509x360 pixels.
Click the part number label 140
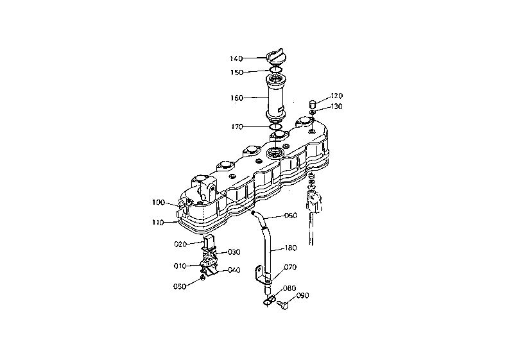[x=236, y=59]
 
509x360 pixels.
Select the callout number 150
[x=237, y=73]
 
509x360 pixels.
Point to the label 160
[x=237, y=98]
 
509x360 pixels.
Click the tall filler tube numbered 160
[x=276, y=97]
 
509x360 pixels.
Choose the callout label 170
[x=237, y=127]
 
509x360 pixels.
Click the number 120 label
[x=336, y=96]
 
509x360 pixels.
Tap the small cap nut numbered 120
[x=313, y=105]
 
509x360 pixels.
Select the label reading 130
[x=336, y=107]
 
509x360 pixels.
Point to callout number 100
[x=159, y=203]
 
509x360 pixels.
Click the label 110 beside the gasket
[x=158, y=223]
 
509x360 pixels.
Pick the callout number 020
[x=180, y=244]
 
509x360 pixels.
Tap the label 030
[x=234, y=252]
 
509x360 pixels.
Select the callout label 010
[x=180, y=266]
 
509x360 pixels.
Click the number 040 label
[x=234, y=270]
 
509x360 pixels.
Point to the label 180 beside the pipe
[x=291, y=248]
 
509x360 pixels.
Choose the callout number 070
[x=290, y=267]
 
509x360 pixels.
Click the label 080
[x=289, y=288]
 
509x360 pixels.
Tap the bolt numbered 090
[x=283, y=304]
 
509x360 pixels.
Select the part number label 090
[x=302, y=296]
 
